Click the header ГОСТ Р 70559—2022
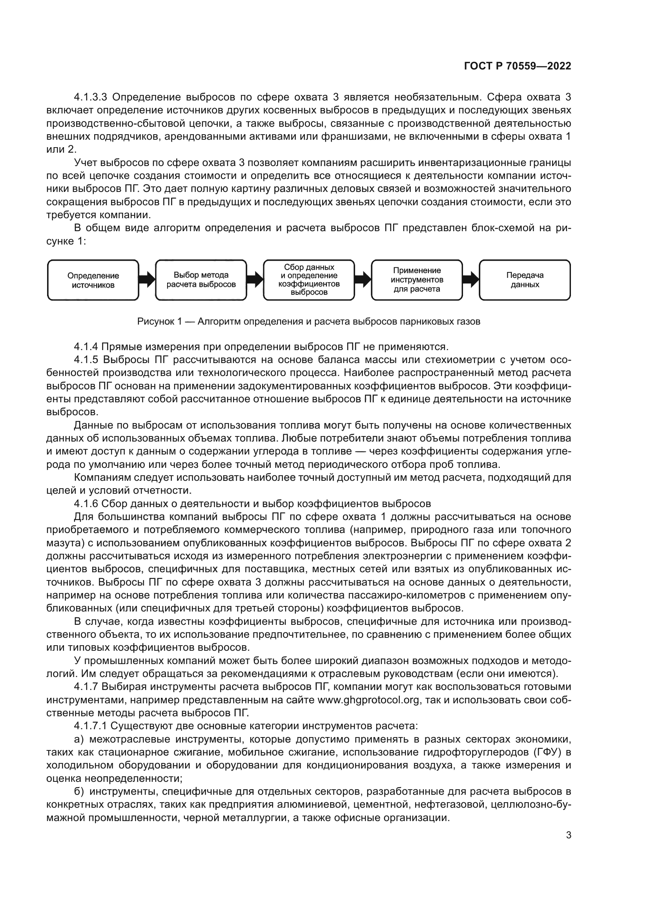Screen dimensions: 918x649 518,66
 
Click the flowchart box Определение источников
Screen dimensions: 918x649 93,280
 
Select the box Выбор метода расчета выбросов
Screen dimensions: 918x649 201,280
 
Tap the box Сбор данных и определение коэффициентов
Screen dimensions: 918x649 309,280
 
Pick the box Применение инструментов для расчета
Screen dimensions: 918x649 417,280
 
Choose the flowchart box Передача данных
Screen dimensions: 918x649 525,280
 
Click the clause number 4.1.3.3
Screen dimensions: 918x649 91,97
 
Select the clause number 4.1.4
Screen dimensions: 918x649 86,347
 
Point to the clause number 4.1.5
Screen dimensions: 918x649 86,360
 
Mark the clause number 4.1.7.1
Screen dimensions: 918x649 91,726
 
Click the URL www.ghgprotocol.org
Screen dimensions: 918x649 368,700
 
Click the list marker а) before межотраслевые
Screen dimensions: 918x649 79,739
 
